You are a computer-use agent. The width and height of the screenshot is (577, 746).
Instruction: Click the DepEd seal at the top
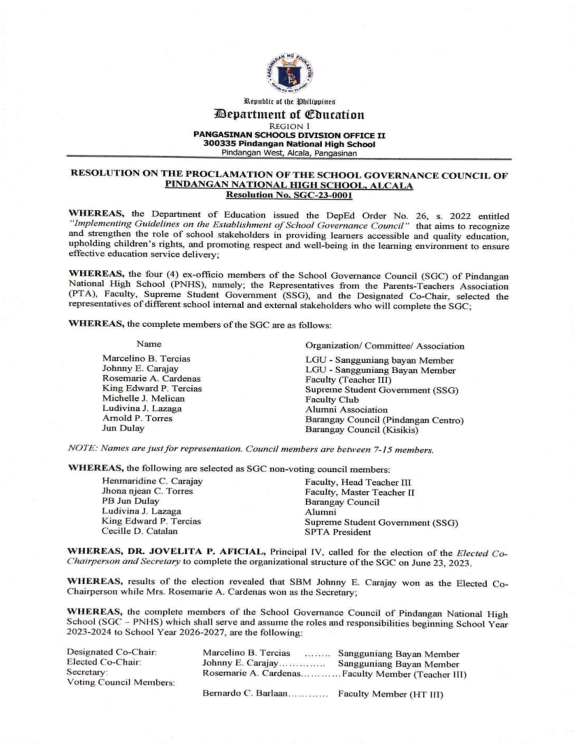click(x=289, y=73)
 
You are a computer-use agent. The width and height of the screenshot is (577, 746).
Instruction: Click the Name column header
click(x=149, y=344)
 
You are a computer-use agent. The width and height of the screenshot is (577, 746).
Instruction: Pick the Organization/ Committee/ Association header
click(x=385, y=346)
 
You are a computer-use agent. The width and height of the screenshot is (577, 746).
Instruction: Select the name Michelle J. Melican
click(x=143, y=399)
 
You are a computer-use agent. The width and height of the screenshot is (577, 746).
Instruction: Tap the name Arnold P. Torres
click(x=137, y=418)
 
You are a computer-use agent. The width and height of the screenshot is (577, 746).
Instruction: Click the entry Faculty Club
click(x=332, y=400)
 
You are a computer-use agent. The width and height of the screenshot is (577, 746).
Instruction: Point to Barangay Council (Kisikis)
click(x=362, y=430)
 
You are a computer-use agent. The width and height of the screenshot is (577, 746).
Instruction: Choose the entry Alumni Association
click(x=346, y=410)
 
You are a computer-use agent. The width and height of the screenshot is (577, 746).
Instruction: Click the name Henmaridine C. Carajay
click(x=152, y=481)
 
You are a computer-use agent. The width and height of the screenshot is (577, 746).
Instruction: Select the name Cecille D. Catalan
click(x=139, y=531)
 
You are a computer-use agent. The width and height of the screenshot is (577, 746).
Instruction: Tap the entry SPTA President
click(x=338, y=532)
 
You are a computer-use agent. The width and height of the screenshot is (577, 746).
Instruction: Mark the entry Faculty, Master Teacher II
click(x=360, y=492)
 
